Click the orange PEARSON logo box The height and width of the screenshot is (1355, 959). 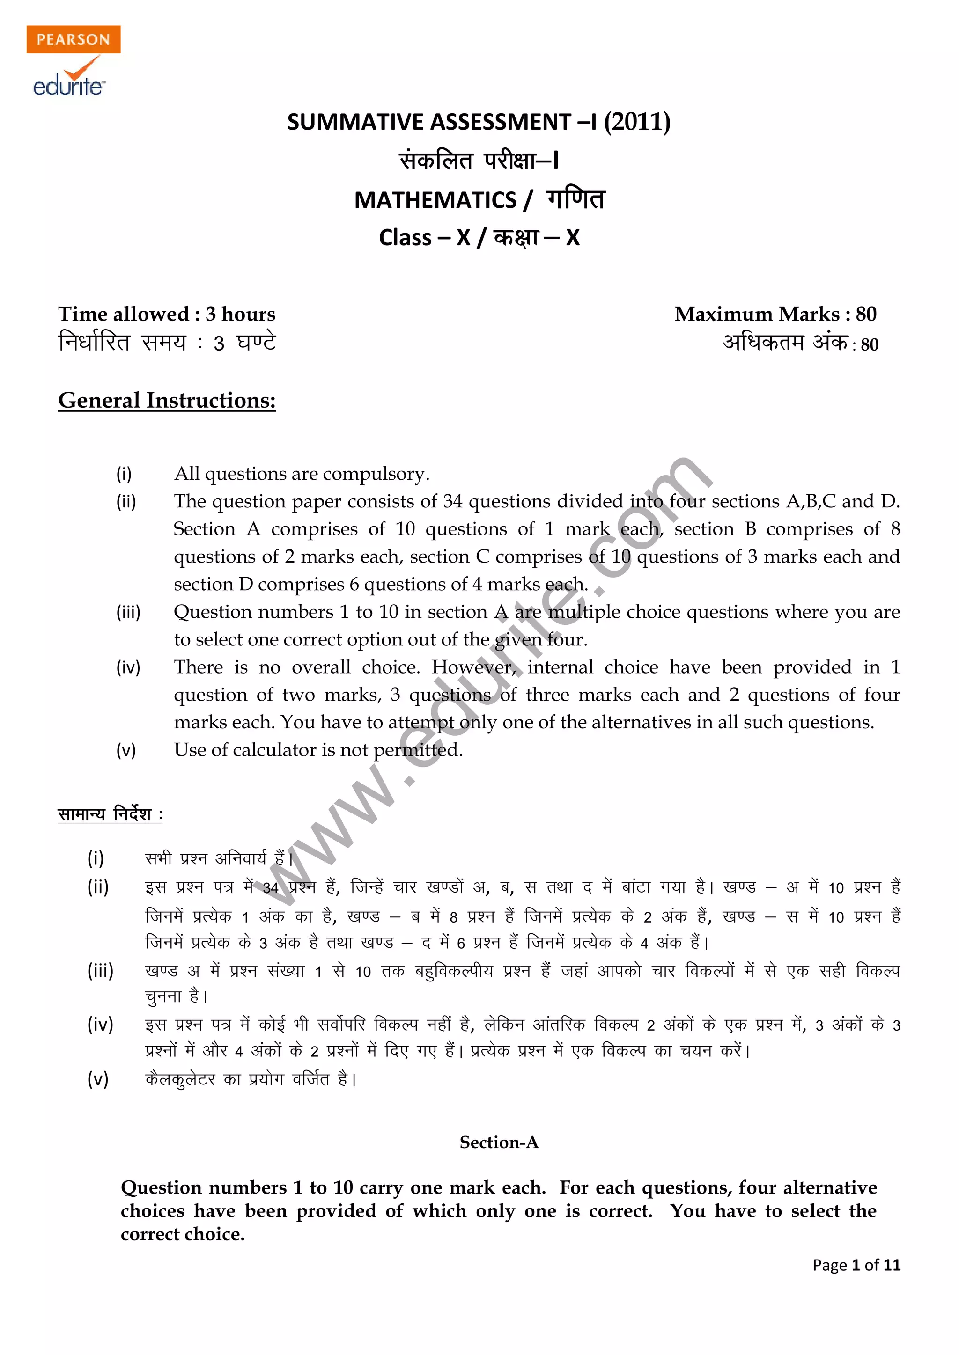pyautogui.click(x=73, y=39)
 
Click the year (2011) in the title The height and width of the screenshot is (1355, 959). pyautogui.click(x=636, y=122)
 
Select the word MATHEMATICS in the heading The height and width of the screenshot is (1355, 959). pyautogui.click(x=435, y=200)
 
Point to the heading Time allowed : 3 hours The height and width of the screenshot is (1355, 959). pyautogui.click(x=167, y=314)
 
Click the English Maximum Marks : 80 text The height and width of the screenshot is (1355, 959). pyautogui.click(x=775, y=314)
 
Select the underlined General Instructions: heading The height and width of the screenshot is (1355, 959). pyautogui.click(x=167, y=400)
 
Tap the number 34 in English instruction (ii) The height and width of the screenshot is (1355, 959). pyautogui.click(x=452, y=502)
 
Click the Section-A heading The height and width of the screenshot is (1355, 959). pyautogui.click(x=499, y=1143)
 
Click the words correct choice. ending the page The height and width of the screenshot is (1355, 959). pyautogui.click(x=183, y=1234)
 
